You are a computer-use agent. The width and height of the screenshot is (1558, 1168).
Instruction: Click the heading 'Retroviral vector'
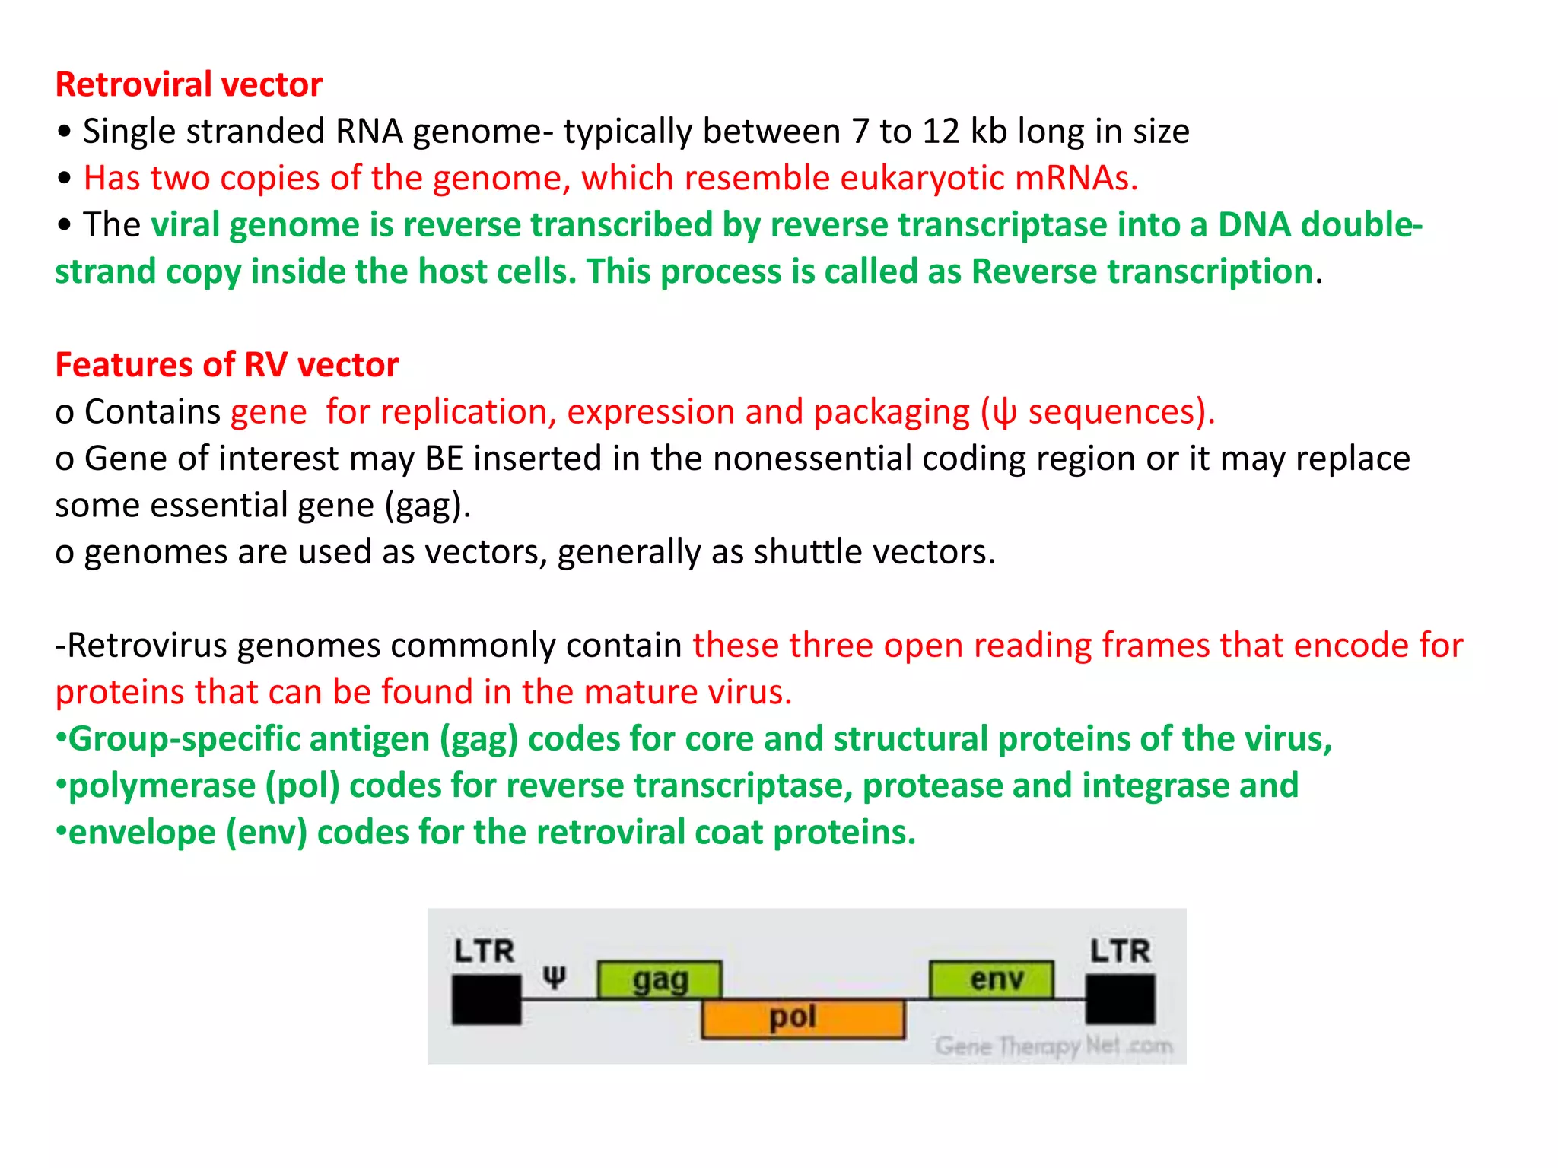pos(189,84)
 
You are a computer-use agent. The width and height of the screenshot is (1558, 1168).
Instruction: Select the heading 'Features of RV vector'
pos(227,365)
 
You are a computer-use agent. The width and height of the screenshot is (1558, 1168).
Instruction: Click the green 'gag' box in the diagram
pos(660,979)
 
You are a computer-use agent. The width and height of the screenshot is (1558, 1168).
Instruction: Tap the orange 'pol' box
pos(803,1019)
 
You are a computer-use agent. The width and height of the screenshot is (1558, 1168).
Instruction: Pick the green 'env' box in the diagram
pos(992,979)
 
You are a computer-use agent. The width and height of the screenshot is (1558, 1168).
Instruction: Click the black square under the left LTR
pos(487,999)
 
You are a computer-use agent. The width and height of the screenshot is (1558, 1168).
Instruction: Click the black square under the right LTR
pos(1120,999)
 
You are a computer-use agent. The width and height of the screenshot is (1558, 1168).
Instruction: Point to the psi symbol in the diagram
pos(555,977)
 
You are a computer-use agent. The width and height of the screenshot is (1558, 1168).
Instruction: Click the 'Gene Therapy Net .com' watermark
pos(1054,1046)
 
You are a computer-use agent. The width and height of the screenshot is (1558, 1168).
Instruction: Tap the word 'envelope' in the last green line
pos(142,833)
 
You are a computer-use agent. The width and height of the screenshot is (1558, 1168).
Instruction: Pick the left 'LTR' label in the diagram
pos(484,951)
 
